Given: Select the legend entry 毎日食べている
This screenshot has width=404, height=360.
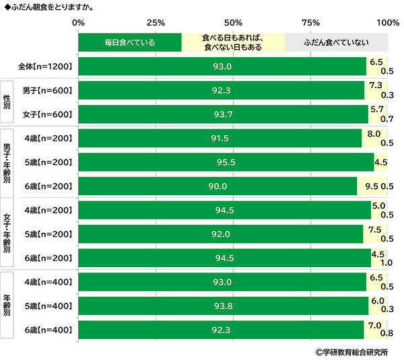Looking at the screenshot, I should tap(130, 42).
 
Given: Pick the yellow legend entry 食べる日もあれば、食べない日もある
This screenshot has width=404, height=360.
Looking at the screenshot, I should tap(233, 42).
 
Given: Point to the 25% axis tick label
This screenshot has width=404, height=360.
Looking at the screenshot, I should tap(156, 22).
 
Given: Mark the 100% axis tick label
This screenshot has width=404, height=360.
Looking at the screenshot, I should tap(387, 22).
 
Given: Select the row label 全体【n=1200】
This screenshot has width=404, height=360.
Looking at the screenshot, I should tap(45, 66).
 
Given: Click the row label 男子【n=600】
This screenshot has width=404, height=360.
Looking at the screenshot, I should tap(47, 90).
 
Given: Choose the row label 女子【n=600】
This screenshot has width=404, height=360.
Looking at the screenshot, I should tap(47, 114).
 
